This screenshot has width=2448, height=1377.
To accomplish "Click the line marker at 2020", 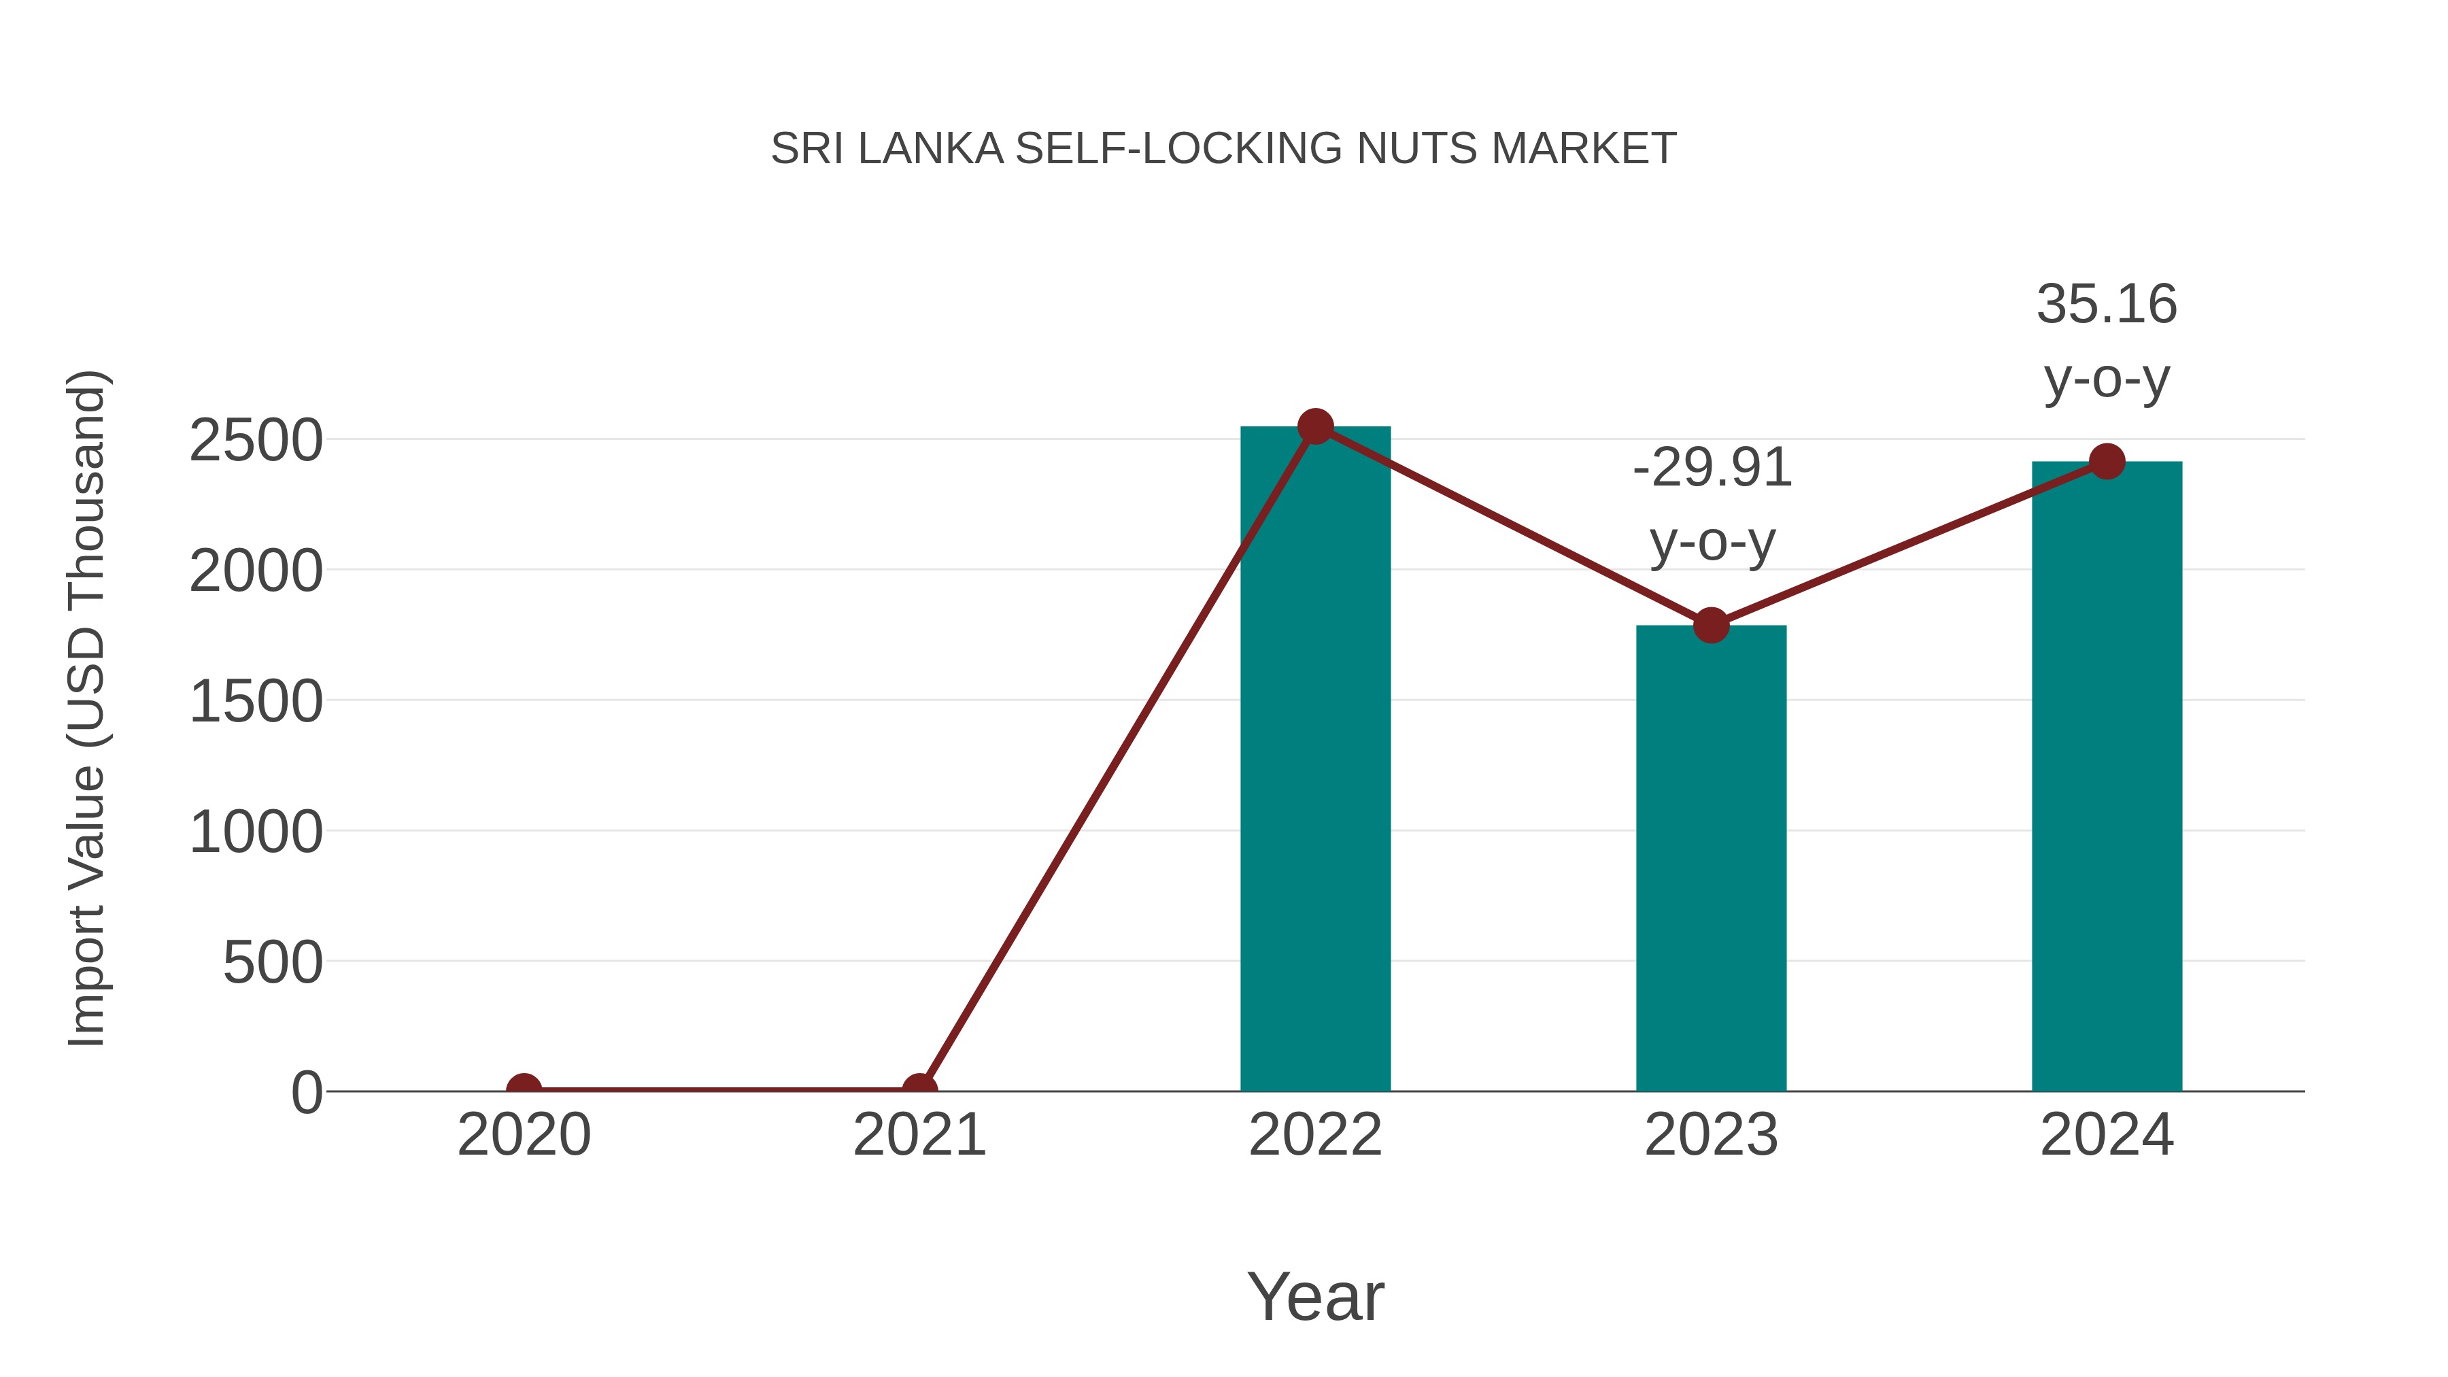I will pyautogui.click(x=524, y=1089).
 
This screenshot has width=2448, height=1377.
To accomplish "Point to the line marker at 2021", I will pyautogui.click(x=919, y=1089).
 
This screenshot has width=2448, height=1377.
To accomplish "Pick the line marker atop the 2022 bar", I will pyautogui.click(x=1315, y=426).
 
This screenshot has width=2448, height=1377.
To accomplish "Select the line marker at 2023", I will pyautogui.click(x=1711, y=626).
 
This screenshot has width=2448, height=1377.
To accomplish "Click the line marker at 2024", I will pyautogui.click(x=2107, y=462).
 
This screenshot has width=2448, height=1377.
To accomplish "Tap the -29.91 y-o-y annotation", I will pyautogui.click(x=1712, y=505).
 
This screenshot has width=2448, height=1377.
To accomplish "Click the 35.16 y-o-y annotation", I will pyautogui.click(x=2107, y=341).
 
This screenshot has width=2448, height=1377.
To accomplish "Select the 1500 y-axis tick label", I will pyautogui.click(x=256, y=702).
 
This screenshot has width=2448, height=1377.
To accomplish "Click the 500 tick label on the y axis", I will pyautogui.click(x=273, y=963).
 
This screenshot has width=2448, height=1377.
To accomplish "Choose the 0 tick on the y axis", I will pyautogui.click(x=307, y=1092).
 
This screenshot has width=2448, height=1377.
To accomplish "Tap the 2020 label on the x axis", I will pyautogui.click(x=524, y=1135).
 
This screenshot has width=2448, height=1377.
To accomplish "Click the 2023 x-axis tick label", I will pyautogui.click(x=1711, y=1135).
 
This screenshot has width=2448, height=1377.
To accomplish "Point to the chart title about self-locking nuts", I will pyautogui.click(x=1223, y=149).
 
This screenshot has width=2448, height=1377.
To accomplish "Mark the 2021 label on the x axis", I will pyautogui.click(x=919, y=1135).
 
